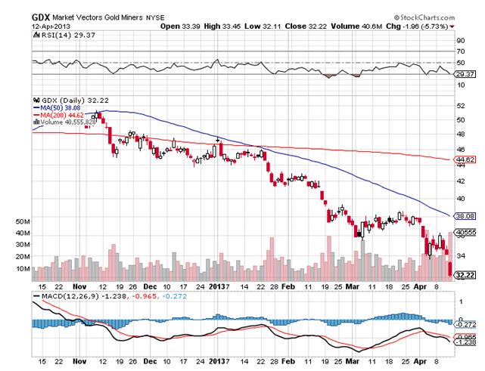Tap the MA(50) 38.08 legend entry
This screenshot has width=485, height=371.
click(x=58, y=107)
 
